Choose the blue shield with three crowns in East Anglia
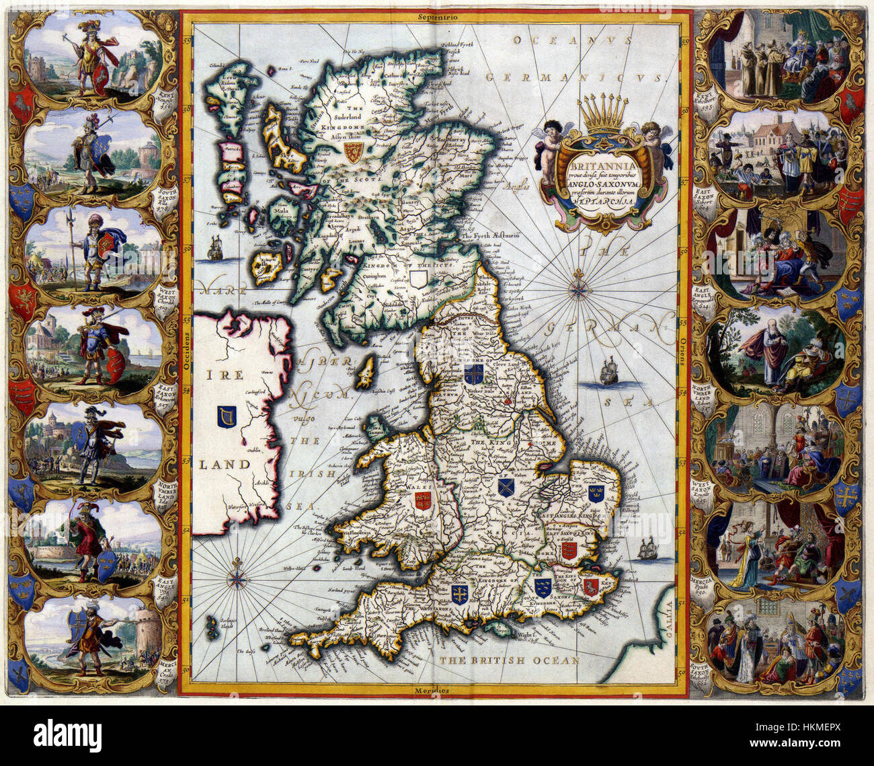596,494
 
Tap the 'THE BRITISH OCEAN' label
509,661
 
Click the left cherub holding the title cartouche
549,143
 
